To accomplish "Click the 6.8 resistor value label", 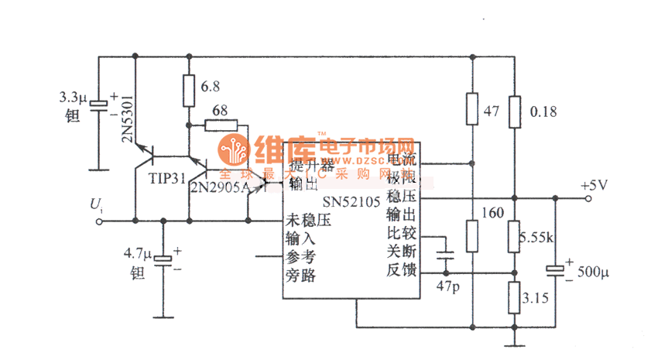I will point(210,86).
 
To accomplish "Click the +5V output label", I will point(595,186).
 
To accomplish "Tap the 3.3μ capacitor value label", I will point(74,99).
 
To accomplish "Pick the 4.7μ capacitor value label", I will point(139,252).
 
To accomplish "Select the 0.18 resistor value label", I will point(544,111).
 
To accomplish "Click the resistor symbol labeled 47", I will point(472,109).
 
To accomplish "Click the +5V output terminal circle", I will point(589,199).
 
